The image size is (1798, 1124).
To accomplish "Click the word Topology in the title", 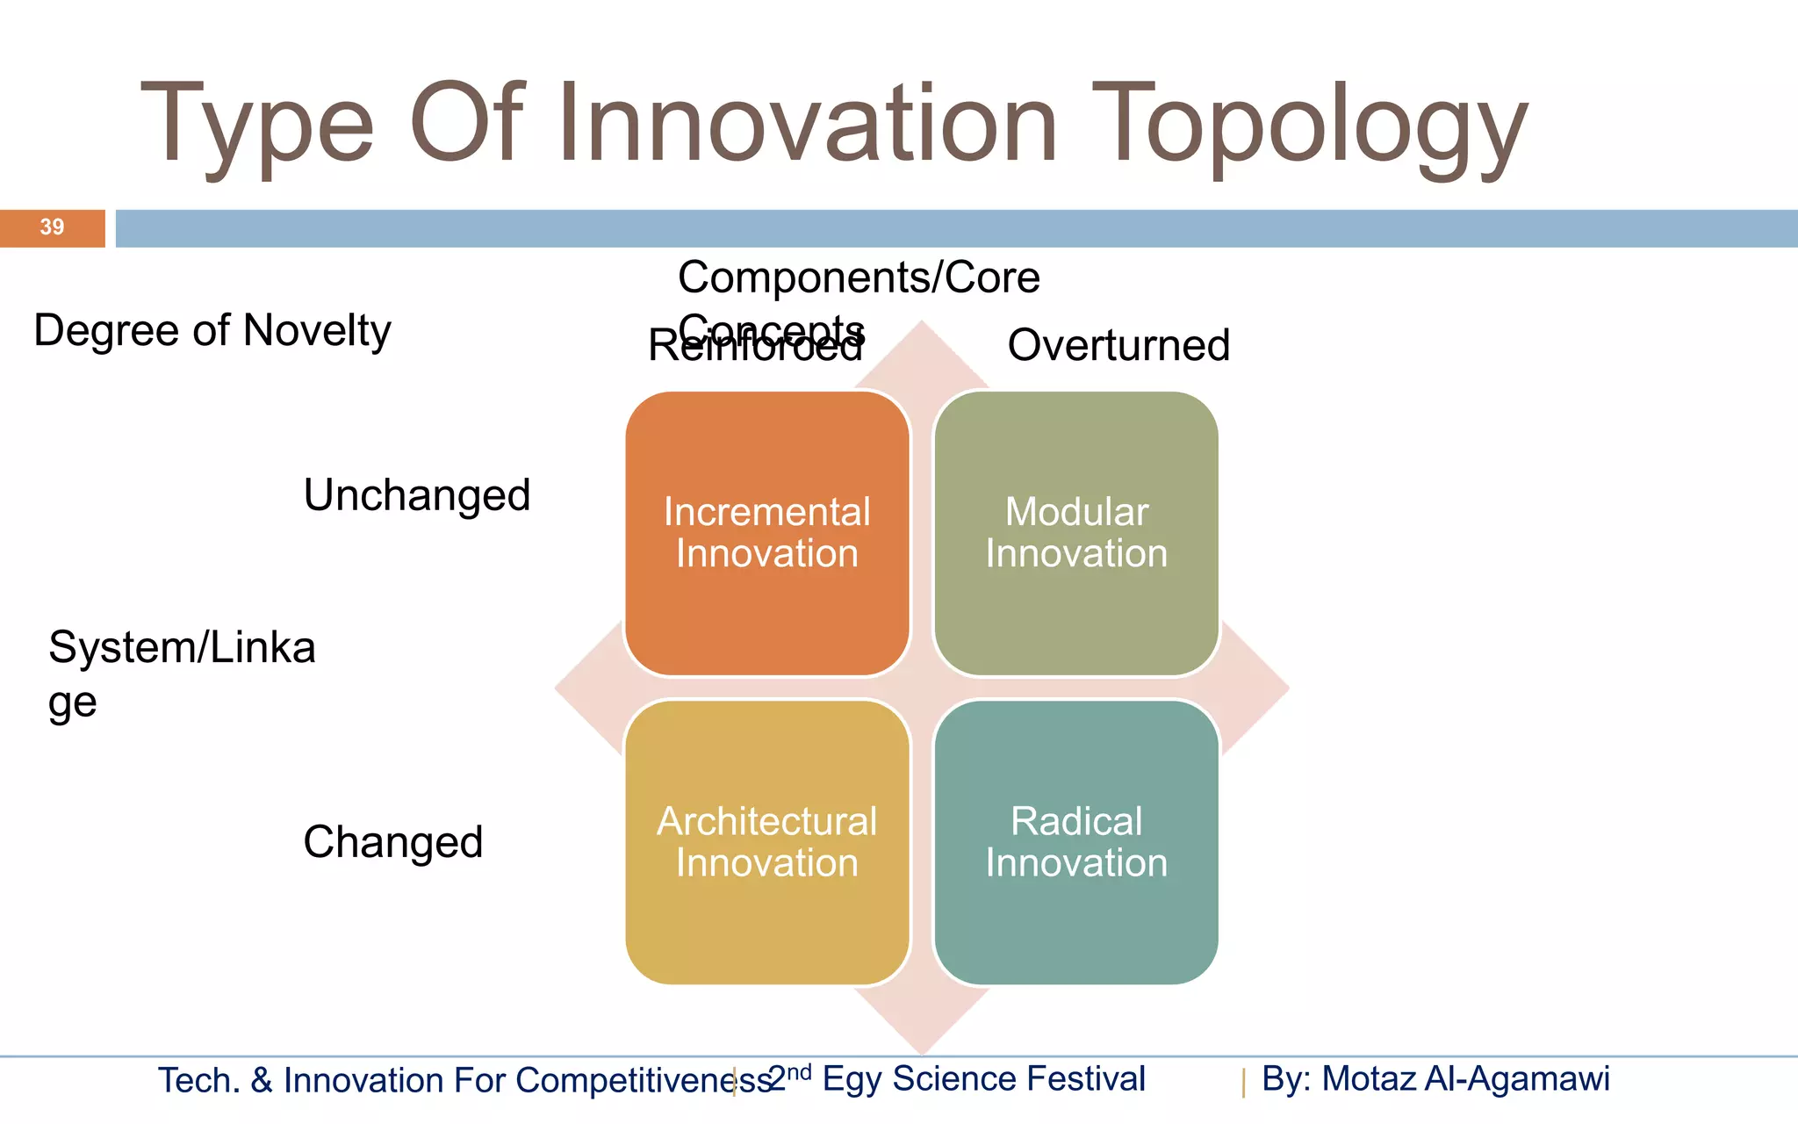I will click(x=1308, y=125).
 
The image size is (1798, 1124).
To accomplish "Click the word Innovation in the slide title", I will click(x=808, y=125).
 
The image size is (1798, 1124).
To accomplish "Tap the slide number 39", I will click(x=52, y=227).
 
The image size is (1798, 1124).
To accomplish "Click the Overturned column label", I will click(x=1118, y=345).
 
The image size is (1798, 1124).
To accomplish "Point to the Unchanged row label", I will click(x=417, y=495).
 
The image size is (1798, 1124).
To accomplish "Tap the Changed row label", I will click(x=392, y=842).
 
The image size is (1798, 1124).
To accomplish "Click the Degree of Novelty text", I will click(x=212, y=331).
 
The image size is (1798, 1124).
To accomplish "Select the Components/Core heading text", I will click(x=859, y=277).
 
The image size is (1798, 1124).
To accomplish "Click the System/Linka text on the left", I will click(x=182, y=648).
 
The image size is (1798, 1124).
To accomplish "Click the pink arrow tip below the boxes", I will click(x=922, y=1032).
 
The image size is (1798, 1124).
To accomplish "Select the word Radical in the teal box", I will click(x=1076, y=822).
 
